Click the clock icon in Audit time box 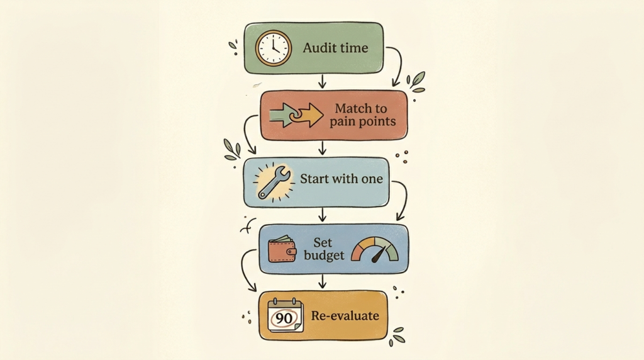[x=274, y=48]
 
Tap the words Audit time [x=336, y=48]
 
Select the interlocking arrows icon [x=296, y=115]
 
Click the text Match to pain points [x=362, y=115]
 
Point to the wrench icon [x=274, y=183]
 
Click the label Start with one [x=341, y=179]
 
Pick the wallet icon [x=282, y=249]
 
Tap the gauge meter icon [x=375, y=249]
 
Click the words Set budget [x=324, y=249]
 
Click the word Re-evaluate [x=345, y=315]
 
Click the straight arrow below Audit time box [x=323, y=81]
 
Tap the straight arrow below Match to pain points [x=323, y=148]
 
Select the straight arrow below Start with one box [x=323, y=215]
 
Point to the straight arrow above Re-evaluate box [x=323, y=281]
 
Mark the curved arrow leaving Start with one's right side [x=406, y=196]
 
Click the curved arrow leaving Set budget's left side [x=242, y=267]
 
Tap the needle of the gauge [x=379, y=255]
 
